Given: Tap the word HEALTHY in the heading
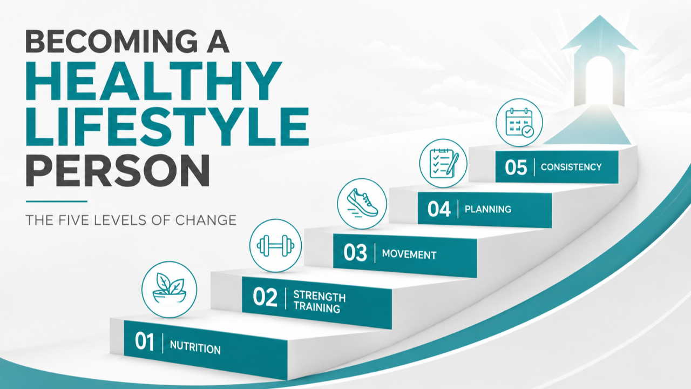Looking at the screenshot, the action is (154, 81).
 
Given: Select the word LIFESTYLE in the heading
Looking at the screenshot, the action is (167, 126).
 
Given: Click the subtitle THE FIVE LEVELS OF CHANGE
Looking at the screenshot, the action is (131, 220).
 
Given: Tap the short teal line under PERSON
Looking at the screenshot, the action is (57, 202).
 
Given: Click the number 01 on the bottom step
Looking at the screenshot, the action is (144, 341).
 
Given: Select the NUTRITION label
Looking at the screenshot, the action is (195, 347).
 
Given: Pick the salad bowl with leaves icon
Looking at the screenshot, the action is (170, 289).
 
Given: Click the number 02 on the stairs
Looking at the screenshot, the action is (265, 297).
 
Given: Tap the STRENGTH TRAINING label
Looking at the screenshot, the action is (319, 301).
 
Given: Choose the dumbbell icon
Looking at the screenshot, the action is (275, 246).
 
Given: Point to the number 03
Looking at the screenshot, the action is (355, 252).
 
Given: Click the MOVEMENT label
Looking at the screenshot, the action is (409, 254).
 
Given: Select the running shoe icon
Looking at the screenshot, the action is (362, 204).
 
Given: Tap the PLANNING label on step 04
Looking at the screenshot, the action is (487, 209).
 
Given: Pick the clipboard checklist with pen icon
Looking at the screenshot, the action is (443, 163).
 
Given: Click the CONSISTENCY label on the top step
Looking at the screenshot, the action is (571, 167).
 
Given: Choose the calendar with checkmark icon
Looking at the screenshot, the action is (519, 123).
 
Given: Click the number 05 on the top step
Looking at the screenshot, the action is (516, 167).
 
